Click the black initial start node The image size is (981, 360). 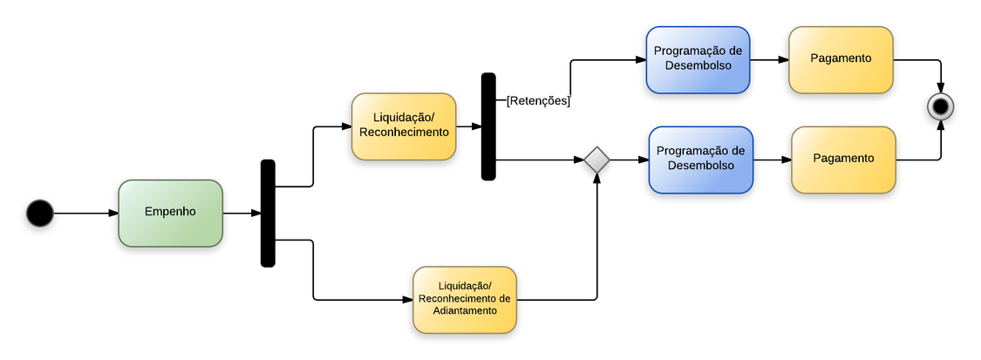[x=40, y=213]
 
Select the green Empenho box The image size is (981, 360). [x=170, y=213]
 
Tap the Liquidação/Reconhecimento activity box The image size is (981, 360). [x=404, y=126]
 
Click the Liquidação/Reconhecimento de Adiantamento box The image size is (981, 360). [x=465, y=300]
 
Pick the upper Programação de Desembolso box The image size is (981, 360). [x=698, y=58]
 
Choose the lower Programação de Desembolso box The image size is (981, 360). [x=701, y=159]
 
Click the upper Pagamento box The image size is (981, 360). [x=841, y=59]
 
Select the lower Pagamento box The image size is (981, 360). [x=843, y=160]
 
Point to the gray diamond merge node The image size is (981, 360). [x=596, y=160]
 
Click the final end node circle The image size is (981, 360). [x=941, y=107]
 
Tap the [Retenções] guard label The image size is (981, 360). [x=538, y=101]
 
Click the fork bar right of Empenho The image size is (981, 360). [x=268, y=213]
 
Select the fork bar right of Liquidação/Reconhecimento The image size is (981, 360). [x=488, y=126]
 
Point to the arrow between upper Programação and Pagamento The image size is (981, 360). [x=769, y=60]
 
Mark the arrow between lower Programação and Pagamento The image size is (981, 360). [x=772, y=160]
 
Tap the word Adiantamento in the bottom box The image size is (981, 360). [x=465, y=311]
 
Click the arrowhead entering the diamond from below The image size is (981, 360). [x=596, y=178]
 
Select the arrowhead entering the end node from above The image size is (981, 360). [x=941, y=89]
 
